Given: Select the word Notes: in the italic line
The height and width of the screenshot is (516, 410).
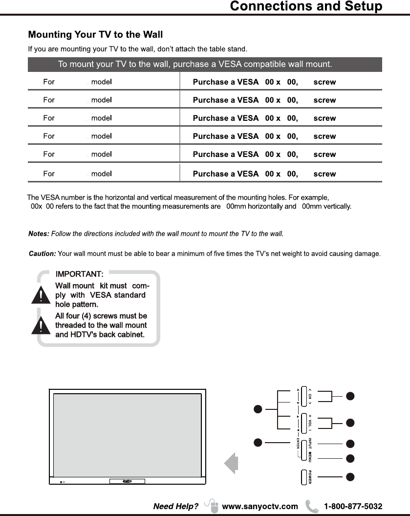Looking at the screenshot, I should tap(39, 234).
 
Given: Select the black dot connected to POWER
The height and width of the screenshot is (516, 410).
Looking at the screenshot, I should tap(350, 476).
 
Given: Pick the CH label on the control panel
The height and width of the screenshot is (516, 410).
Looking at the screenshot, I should tap(309, 396).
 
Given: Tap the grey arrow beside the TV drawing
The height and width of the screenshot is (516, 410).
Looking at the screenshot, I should tap(231, 464).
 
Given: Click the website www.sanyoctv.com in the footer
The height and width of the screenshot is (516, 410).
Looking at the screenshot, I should tap(259, 506).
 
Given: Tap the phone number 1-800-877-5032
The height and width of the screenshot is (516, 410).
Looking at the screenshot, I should tap(353, 506).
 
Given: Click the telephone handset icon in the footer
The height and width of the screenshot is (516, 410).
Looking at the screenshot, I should tap(311, 506).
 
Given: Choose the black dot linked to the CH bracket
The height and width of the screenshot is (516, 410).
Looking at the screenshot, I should tap(350, 396).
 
